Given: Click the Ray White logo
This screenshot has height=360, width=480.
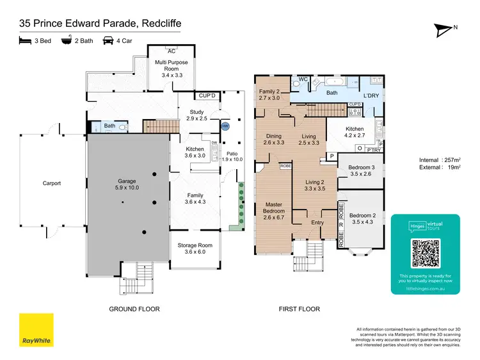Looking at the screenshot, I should click(x=36, y=330).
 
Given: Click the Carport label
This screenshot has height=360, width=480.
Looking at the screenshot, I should click(x=51, y=183).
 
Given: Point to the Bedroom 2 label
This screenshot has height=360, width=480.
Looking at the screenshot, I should click(x=362, y=218).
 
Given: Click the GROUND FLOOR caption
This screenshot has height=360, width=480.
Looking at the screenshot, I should click(x=134, y=309).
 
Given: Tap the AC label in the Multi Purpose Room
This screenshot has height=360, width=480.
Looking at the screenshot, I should click(x=171, y=51).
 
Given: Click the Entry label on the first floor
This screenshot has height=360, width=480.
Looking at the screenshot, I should click(x=317, y=223).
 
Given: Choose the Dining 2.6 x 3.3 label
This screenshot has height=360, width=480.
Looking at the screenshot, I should click(x=274, y=139).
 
